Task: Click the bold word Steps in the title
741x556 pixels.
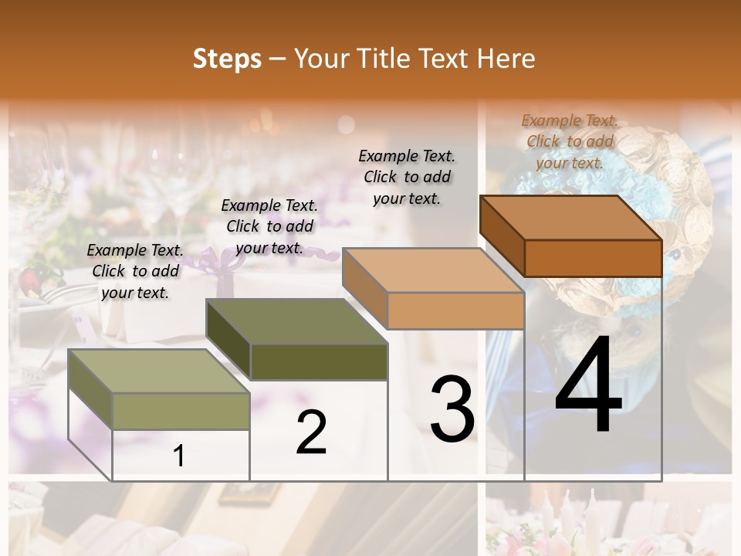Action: [x=227, y=59]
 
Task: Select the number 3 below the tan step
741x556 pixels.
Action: [x=452, y=409]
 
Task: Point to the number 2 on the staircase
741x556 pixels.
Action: [x=312, y=432]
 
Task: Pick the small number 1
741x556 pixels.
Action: [x=179, y=456]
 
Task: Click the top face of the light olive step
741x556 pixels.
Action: [x=158, y=371]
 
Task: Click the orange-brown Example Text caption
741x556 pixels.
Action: [x=570, y=141]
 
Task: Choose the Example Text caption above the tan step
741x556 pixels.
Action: [x=407, y=177]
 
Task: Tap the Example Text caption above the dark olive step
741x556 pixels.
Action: [x=269, y=226]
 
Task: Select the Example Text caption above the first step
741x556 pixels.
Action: [x=135, y=271]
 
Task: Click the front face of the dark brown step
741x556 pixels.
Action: [x=593, y=258]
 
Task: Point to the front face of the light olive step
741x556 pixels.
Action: [x=181, y=411]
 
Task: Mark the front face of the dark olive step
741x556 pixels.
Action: [x=319, y=361]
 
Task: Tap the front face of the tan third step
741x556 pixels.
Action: [x=455, y=310]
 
